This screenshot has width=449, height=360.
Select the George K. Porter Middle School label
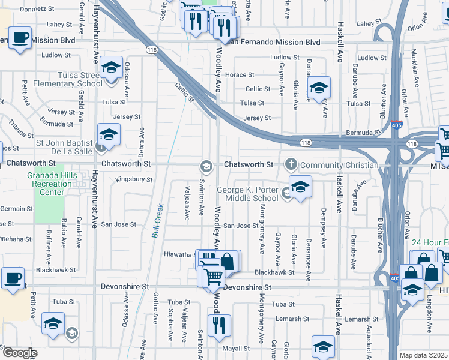[247, 194]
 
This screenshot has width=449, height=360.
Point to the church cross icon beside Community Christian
[291, 164]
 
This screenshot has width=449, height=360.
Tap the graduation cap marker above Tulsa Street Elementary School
[111, 67]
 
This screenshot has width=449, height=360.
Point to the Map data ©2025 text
[423, 355]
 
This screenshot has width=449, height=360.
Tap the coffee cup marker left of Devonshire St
[13, 278]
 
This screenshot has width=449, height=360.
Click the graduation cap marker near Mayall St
[323, 346]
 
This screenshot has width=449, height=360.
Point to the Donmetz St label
[37, 10]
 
